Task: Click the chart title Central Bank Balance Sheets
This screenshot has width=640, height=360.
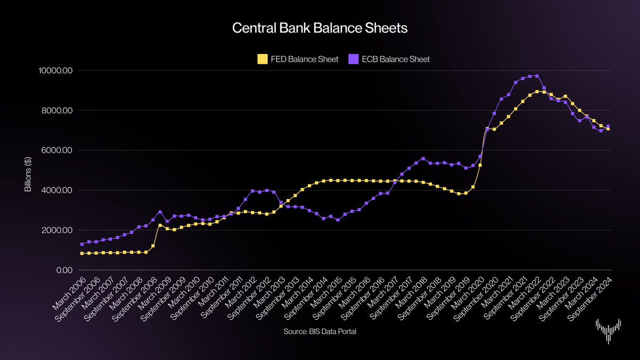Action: (320, 29)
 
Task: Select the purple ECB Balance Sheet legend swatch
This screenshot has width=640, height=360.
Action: (352, 59)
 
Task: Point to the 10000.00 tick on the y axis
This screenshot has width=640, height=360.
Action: (55, 71)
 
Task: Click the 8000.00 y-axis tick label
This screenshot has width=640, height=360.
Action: (57, 110)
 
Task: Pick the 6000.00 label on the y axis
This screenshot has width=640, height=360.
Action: (57, 150)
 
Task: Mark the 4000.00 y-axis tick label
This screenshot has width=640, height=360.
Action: (57, 190)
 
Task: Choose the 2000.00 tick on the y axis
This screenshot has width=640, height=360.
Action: (57, 230)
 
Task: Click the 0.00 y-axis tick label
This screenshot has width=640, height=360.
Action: (62, 270)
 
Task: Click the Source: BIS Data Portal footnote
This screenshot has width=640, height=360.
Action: (320, 332)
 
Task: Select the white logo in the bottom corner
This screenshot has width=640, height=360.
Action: (608, 332)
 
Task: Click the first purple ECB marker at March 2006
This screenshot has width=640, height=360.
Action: (82, 244)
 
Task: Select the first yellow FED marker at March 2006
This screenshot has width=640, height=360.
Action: (82, 253)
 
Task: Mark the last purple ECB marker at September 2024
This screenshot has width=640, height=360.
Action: (608, 126)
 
